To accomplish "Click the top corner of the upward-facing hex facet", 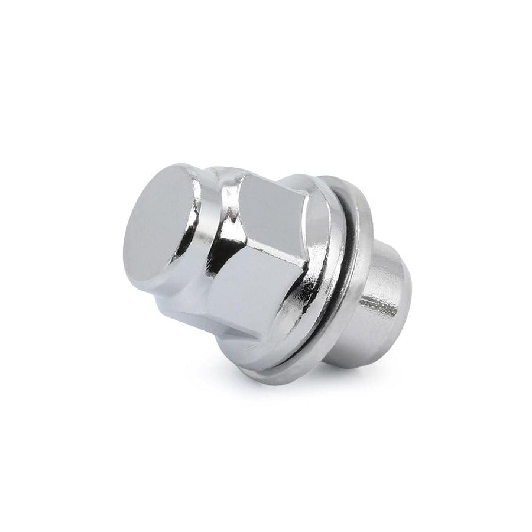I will pyautogui.click(x=245, y=176).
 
